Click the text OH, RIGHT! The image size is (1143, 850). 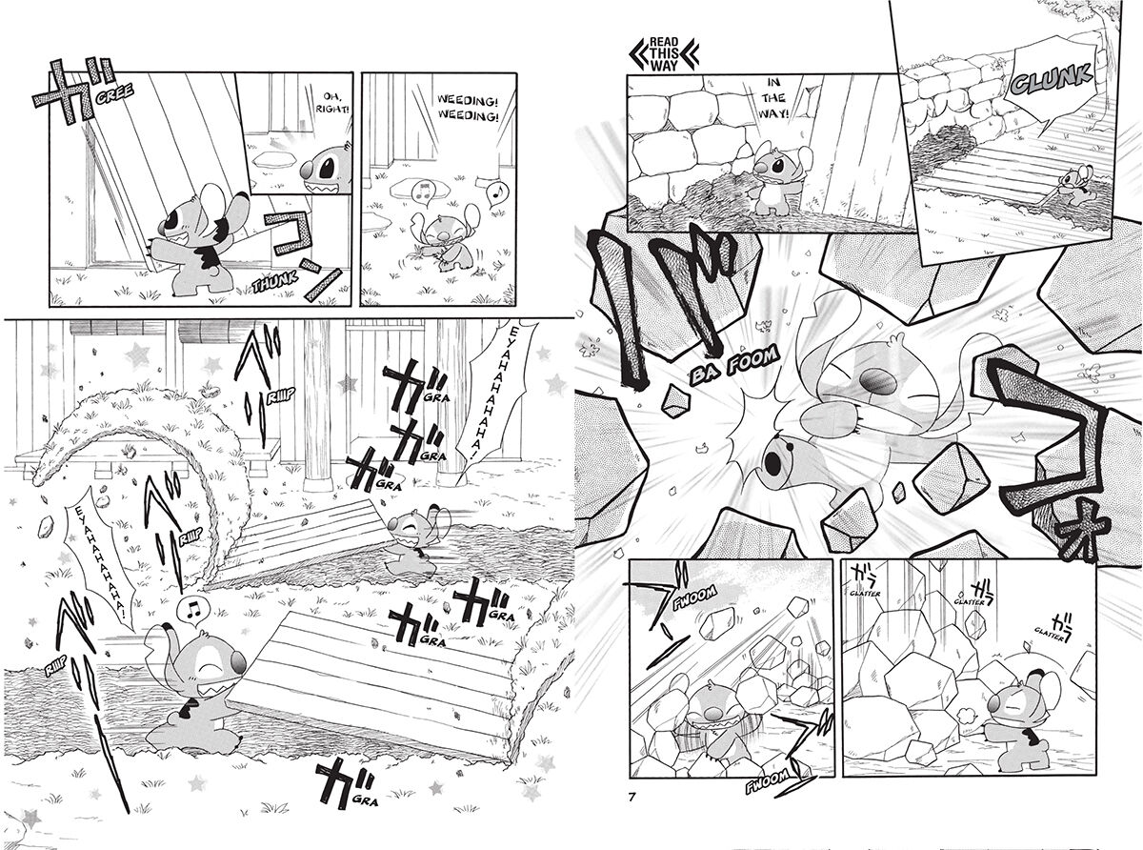325,100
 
